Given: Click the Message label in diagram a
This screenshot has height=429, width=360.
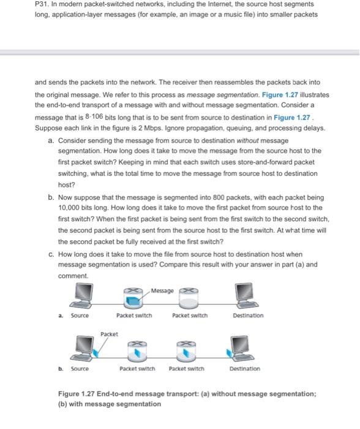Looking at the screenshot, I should tap(162, 290).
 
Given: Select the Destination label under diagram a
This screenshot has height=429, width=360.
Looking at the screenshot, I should tap(248, 316).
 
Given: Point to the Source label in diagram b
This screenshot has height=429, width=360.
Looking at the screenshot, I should tap(80, 369).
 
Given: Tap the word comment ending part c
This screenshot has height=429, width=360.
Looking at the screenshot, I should tap(73, 276).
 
